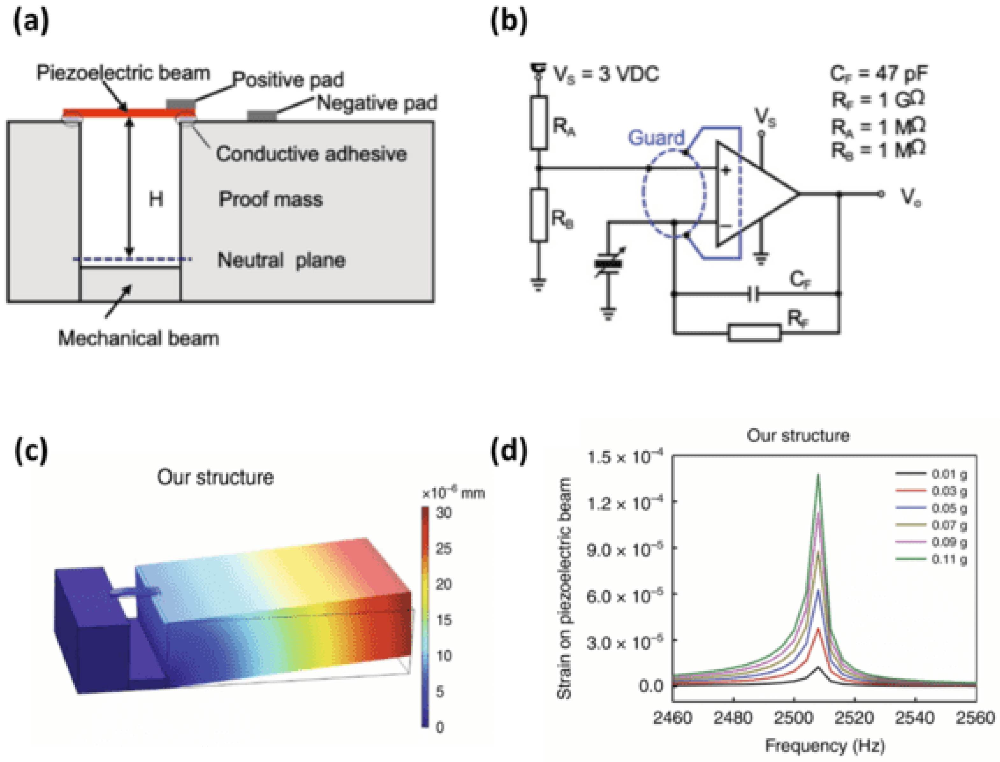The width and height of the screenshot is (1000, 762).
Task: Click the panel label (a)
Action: point(31,23)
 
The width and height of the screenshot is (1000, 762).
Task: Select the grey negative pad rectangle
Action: point(262,116)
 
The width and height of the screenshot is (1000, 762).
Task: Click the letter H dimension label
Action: point(155,199)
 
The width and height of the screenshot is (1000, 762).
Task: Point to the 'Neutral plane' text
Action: point(281,260)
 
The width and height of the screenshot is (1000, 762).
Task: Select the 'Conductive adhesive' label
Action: point(311,154)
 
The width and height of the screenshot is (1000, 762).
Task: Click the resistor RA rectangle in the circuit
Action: point(539,122)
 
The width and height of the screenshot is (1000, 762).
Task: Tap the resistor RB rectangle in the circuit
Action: point(539,215)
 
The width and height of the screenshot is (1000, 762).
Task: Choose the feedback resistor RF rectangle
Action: point(754,333)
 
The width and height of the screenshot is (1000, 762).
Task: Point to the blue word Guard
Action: point(656,137)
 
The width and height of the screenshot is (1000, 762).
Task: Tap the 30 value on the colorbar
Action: point(443,513)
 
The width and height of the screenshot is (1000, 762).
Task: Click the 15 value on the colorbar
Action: point(443,620)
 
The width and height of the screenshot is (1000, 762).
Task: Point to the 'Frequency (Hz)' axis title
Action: point(825,746)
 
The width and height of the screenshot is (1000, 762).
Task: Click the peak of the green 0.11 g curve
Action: point(819,475)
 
